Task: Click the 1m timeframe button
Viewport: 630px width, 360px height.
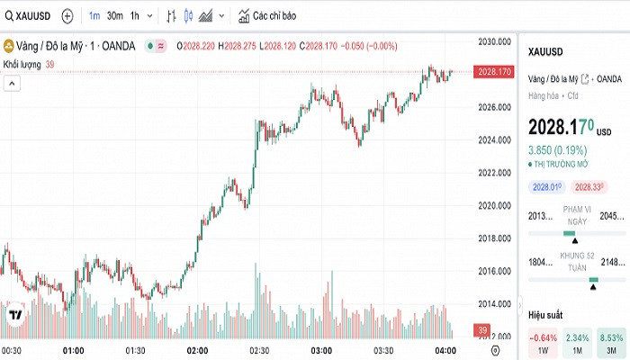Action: [x=94, y=16]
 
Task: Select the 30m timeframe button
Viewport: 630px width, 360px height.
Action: [x=114, y=16]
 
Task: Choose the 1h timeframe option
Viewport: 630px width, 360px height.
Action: [x=135, y=16]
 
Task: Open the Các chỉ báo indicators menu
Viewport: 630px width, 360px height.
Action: [x=267, y=16]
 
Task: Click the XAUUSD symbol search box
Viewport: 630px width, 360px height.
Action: [x=27, y=16]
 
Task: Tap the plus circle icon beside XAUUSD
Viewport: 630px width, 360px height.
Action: [x=67, y=16]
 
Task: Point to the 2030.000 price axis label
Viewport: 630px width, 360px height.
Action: [x=495, y=41]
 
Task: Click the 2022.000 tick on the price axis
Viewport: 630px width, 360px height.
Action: [x=495, y=172]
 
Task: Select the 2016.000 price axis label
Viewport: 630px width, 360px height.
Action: [x=495, y=271]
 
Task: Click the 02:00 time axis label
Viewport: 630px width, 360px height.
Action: [x=197, y=350]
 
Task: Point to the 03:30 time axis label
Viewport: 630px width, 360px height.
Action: [x=383, y=350]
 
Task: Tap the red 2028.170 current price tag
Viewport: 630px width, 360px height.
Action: [x=495, y=71]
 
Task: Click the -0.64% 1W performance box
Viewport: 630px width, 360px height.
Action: [x=543, y=343]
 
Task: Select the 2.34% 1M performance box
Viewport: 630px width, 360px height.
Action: [x=577, y=343]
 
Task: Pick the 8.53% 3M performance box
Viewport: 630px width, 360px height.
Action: [x=611, y=343]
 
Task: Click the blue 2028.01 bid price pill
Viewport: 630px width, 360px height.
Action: [x=547, y=186]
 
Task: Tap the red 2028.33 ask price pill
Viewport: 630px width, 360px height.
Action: [x=589, y=186]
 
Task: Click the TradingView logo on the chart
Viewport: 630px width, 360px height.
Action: [x=15, y=315]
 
